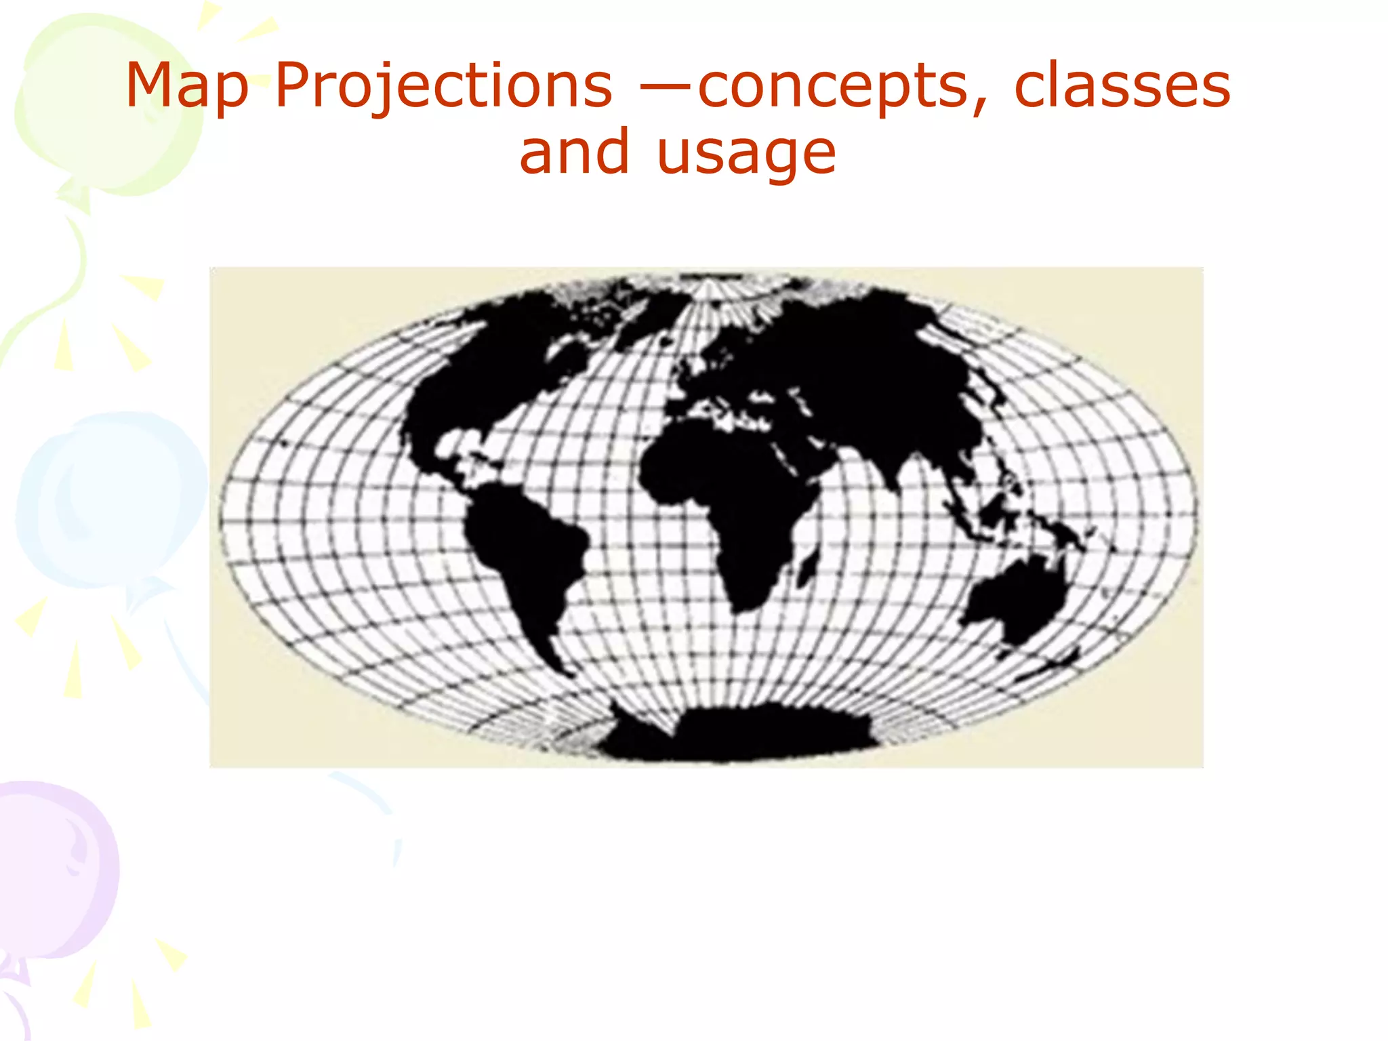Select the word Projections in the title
click(444, 87)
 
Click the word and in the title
click(575, 152)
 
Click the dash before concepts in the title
click(666, 87)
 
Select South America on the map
click(525, 556)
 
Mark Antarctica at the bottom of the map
click(739, 735)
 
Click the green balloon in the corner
click(102, 102)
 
